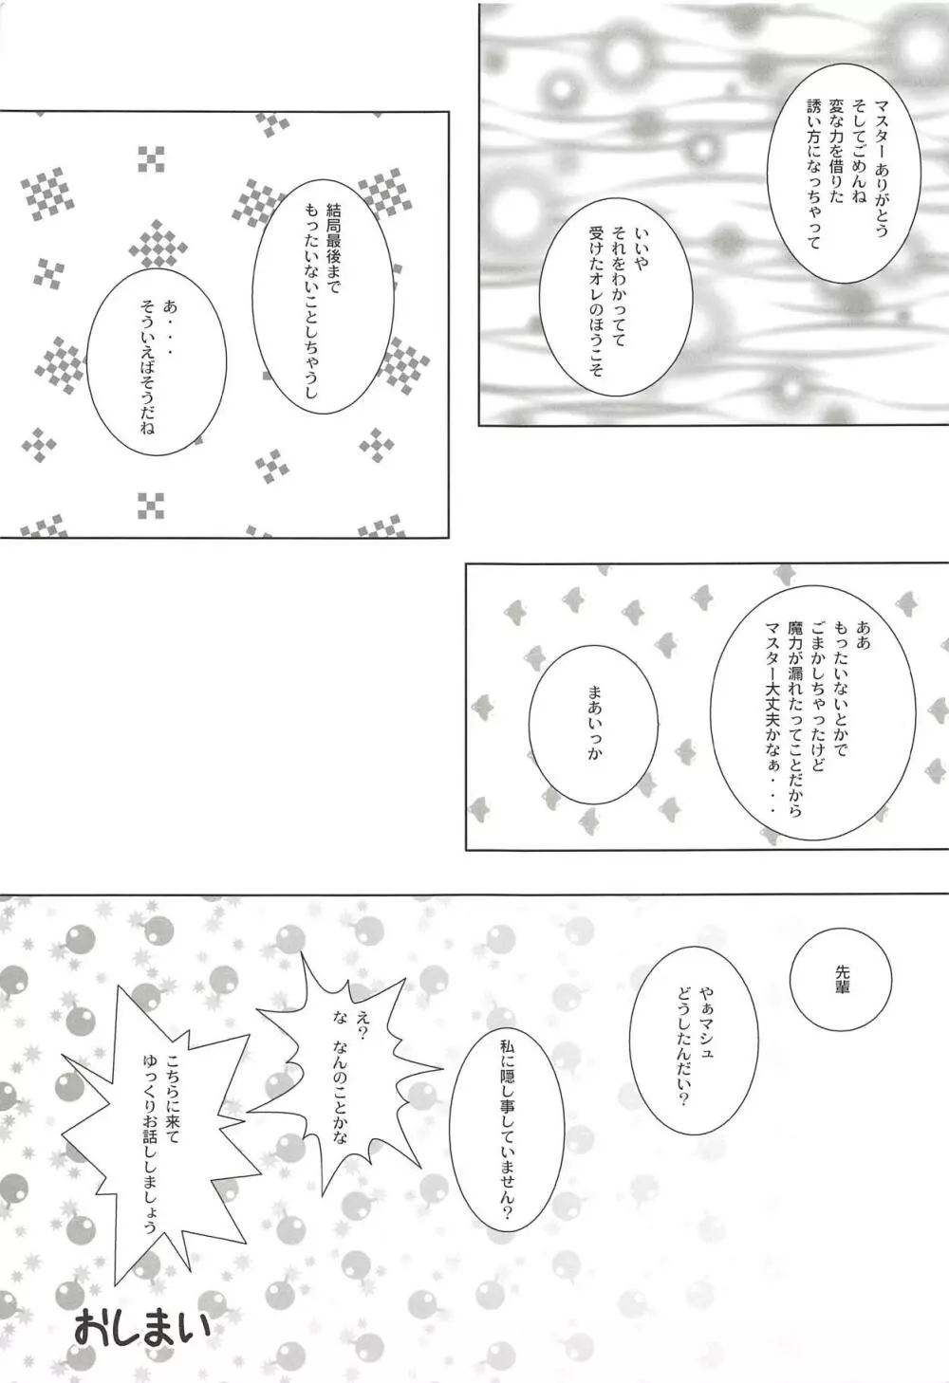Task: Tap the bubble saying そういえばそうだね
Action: (157, 363)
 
